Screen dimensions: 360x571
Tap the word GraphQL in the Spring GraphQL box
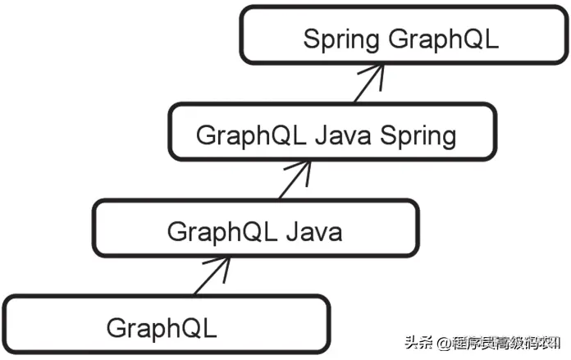tap(443, 39)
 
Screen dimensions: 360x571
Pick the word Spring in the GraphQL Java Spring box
tap(418, 135)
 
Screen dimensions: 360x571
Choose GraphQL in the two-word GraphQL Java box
tap(218, 231)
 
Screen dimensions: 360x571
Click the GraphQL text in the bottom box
tap(161, 328)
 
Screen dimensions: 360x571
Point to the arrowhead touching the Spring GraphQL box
tap(377, 71)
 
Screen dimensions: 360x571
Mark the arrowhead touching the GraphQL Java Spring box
tap(304, 166)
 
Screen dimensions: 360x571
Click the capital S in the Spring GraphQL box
tap(311, 39)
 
